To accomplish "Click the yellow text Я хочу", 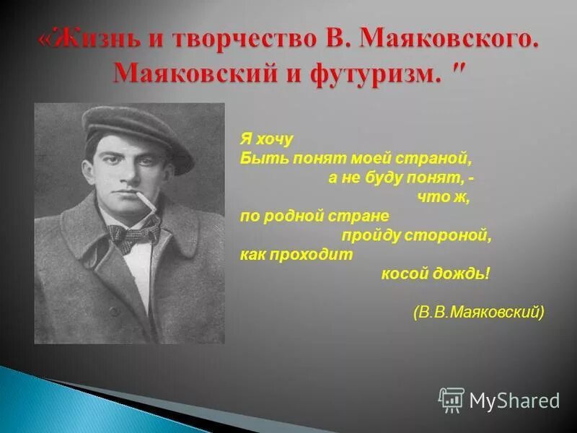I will (x=267, y=139).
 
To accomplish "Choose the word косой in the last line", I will (x=405, y=274).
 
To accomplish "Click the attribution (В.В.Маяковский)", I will (x=479, y=312).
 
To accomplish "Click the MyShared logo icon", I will (x=452, y=400).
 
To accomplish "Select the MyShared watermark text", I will (x=515, y=401).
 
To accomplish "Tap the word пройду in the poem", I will (x=367, y=235).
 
